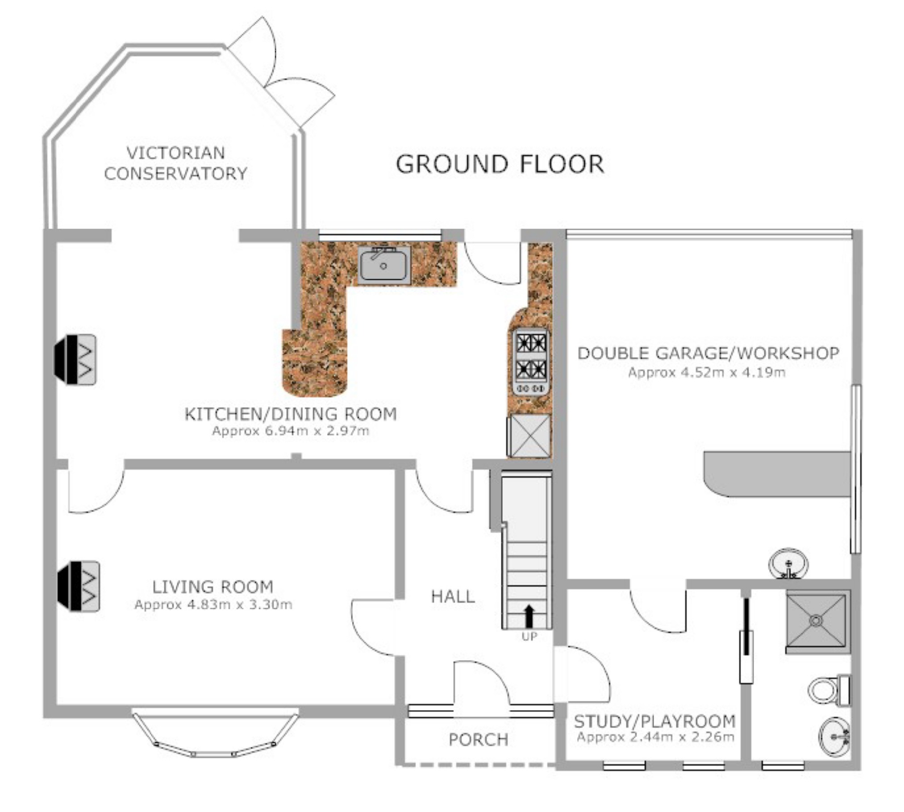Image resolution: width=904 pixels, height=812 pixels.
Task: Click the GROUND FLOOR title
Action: pos(500,164)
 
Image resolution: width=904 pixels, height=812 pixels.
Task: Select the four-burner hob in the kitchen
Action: pos(531,362)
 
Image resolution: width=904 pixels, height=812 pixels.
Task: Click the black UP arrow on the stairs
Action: pos(529,616)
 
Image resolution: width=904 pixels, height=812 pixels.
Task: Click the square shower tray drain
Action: pos(816,620)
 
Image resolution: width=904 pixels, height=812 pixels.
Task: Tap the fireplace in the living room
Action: pos(79,586)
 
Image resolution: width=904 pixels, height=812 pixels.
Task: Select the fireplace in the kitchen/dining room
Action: pos(75,359)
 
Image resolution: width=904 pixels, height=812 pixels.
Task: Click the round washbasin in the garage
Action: pos(788,564)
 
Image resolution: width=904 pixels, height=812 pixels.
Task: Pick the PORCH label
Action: pos(478,740)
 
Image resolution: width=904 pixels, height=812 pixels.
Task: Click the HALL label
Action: pos(453,596)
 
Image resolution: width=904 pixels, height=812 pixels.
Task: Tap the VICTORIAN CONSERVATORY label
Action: pos(176,163)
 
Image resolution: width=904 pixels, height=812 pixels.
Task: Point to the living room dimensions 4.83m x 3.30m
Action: pos(213,604)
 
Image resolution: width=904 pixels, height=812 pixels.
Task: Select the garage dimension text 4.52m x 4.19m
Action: pos(707,372)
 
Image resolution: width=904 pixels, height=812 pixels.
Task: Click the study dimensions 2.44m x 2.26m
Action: pos(655,737)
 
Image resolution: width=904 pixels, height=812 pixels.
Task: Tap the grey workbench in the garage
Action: pos(777,474)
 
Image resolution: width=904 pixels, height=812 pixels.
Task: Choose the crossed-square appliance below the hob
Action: pos(529,436)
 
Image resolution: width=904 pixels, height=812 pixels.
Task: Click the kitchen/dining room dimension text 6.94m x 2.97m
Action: pos(291,431)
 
